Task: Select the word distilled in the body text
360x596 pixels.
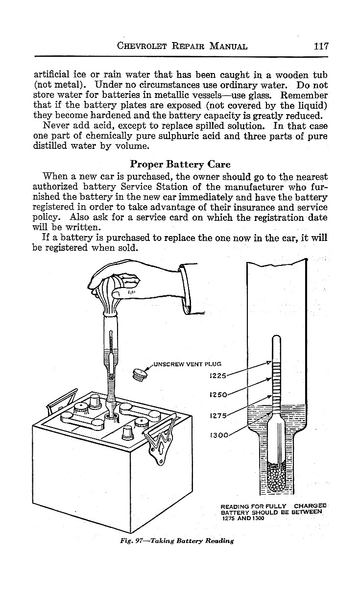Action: (x=51, y=146)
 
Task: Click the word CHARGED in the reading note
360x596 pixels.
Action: (x=311, y=506)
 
